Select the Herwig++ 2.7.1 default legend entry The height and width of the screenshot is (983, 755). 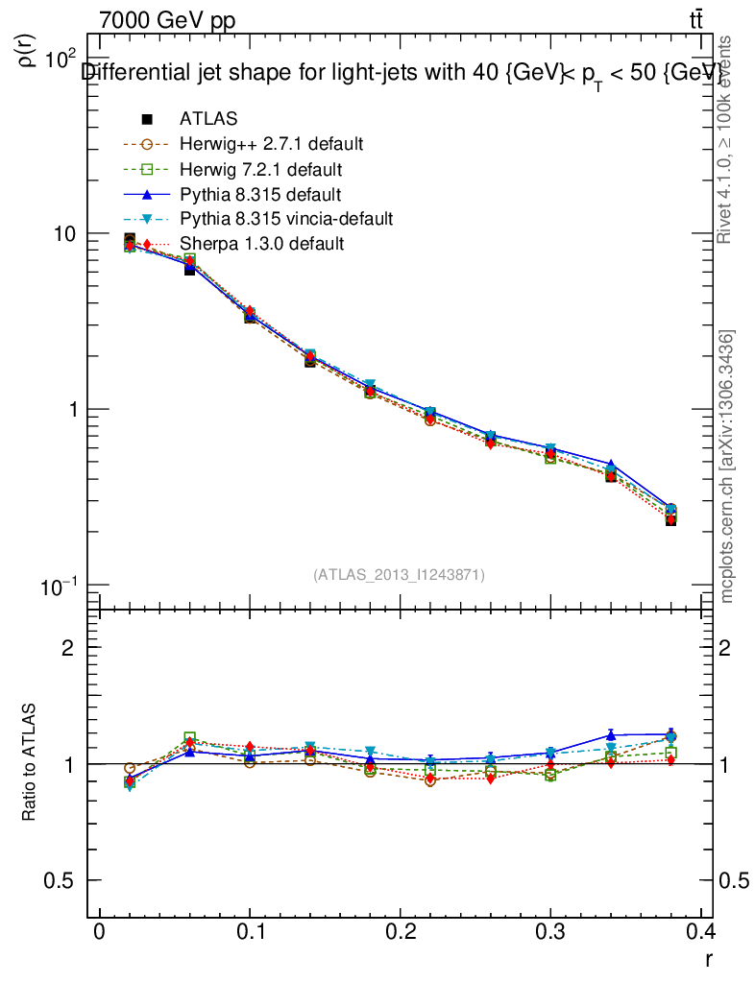coord(271,144)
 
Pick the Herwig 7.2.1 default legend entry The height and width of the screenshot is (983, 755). coord(261,169)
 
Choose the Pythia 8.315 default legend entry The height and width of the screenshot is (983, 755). coord(260,194)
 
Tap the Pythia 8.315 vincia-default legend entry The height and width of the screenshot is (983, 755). coord(286,219)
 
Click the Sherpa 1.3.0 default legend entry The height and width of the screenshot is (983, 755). coord(261,244)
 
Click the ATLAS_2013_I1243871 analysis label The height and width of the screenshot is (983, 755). coord(399,575)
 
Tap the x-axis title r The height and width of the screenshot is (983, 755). coord(708,957)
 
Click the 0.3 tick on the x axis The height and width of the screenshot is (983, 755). coord(549,932)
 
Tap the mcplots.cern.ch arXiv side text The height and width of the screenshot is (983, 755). coord(728,467)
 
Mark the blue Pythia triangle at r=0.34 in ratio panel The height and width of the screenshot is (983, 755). coord(611,735)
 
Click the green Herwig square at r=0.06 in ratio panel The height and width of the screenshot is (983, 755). coord(190,738)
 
